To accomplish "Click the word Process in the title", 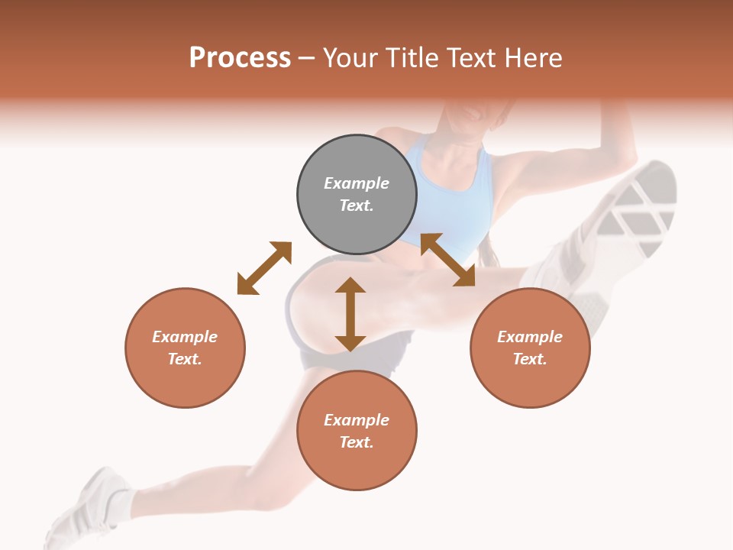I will tap(240, 58).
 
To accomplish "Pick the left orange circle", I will tap(185, 348).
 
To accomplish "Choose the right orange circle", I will tap(530, 348).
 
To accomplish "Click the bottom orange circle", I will tap(357, 431).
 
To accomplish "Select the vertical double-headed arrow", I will tap(350, 314).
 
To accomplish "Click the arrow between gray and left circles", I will tap(264, 268).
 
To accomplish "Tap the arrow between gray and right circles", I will tap(448, 260).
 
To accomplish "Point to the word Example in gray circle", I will tap(357, 183).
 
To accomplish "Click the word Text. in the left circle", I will tap(185, 359).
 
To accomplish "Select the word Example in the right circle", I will tap(530, 337).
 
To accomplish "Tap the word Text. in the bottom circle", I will tap(357, 442).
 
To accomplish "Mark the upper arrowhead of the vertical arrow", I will tap(350, 286).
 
